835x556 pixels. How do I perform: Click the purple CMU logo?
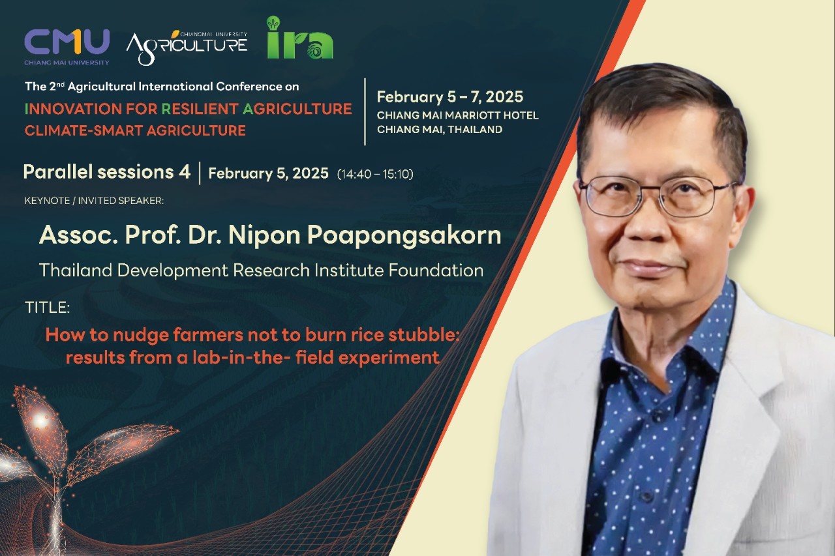click(67, 47)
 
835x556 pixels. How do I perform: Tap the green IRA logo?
click(300, 38)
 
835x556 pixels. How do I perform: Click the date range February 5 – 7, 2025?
click(450, 97)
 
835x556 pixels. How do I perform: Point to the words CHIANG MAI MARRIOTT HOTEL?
click(457, 115)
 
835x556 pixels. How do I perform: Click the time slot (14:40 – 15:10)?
click(375, 174)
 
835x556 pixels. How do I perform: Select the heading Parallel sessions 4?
click(106, 172)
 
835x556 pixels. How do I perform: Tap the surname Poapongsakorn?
click(404, 236)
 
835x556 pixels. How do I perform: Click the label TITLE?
click(48, 308)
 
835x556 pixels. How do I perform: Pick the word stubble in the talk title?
click(424, 335)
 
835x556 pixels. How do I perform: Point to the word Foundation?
click(436, 271)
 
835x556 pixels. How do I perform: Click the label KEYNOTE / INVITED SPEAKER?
click(94, 201)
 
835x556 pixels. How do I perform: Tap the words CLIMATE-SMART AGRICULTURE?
click(135, 131)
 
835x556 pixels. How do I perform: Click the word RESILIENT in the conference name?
click(200, 109)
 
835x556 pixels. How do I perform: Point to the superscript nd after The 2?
click(61, 84)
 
